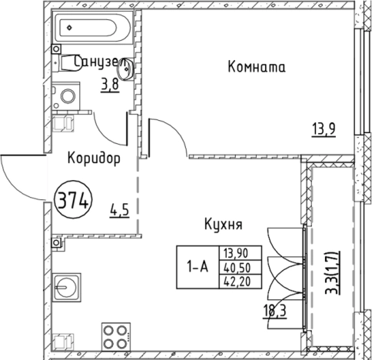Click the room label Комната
click(x=257, y=67)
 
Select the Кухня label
click(x=224, y=225)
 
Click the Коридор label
click(x=93, y=160)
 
